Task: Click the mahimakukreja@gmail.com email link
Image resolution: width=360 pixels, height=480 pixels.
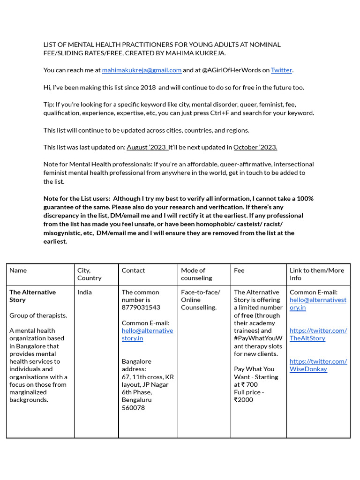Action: [x=142, y=70]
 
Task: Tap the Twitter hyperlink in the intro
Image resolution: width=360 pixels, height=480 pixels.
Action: [x=281, y=70]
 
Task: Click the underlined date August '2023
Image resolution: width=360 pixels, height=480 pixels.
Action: [x=147, y=147]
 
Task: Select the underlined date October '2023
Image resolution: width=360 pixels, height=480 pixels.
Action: [x=255, y=147]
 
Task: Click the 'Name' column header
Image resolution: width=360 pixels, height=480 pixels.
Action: [x=18, y=270]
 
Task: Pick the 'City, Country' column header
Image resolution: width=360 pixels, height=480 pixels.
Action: [x=89, y=274]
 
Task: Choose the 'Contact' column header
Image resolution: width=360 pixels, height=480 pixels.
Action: [x=133, y=270]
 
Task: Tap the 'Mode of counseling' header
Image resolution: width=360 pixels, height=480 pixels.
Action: [x=196, y=274]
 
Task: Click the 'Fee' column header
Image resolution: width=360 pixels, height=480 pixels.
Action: [x=239, y=270]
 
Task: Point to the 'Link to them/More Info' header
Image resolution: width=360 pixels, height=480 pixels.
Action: [x=317, y=274]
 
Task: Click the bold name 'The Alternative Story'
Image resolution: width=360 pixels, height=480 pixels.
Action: [x=32, y=296]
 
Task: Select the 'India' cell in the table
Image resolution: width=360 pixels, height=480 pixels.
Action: [x=84, y=292]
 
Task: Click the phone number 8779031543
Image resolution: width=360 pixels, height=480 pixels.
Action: [x=141, y=307]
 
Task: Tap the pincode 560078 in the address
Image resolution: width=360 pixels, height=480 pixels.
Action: [x=133, y=408]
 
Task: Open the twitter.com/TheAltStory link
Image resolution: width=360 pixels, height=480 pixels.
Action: [x=318, y=334]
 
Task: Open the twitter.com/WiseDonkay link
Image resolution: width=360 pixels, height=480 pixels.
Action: [x=318, y=365]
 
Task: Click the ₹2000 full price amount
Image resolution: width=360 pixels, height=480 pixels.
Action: [x=243, y=400]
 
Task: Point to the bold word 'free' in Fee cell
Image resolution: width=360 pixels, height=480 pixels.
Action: [x=247, y=315]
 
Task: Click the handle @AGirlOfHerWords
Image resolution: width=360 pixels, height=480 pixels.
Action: [x=232, y=70]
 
